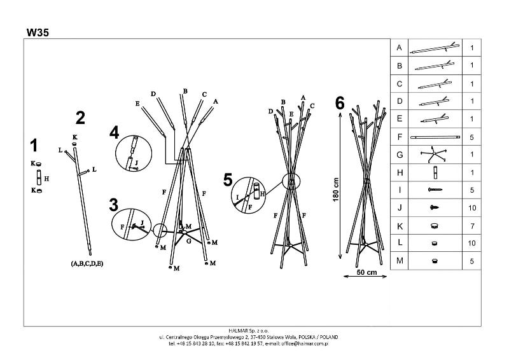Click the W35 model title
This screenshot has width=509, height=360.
coord(38,32)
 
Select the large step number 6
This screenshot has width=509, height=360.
coord(340,103)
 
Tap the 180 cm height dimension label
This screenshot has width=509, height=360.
coord(336,190)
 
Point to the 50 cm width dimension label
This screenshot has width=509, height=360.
coord(367,272)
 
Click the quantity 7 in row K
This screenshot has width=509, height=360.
coord(471,226)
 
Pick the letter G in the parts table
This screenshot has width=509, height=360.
coord(400,155)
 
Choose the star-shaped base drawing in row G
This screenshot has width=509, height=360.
coord(433,154)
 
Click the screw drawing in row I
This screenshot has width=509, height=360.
coord(435,190)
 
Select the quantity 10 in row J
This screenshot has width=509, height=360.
coord(472,208)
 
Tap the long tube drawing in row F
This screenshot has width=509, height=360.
coord(435,137)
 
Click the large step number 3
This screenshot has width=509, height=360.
coord(114,205)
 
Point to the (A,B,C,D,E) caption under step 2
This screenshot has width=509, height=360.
coord(87,263)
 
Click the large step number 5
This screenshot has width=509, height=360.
coord(228,180)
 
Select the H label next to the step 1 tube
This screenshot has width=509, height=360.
coord(46,179)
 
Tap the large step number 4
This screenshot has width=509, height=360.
coord(115,133)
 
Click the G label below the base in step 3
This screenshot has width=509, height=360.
coord(188,241)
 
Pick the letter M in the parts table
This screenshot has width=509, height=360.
coord(400,261)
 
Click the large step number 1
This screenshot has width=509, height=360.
coord(34,146)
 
